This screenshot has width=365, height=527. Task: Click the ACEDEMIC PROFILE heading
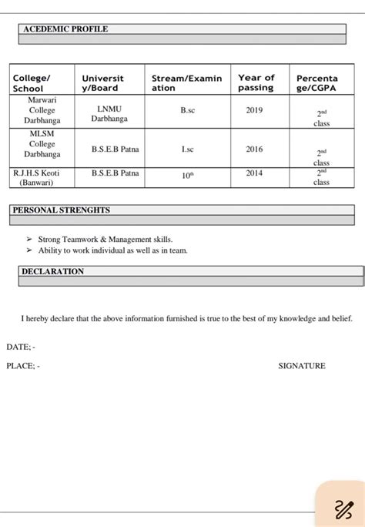click(65, 29)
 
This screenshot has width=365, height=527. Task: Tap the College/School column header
click(32, 83)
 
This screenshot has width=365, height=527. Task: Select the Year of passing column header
click(256, 82)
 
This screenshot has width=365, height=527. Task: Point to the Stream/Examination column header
click(186, 83)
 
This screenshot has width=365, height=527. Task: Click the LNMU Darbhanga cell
click(109, 114)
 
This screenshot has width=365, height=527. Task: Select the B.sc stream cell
click(188, 111)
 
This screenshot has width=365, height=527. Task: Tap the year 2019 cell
click(254, 111)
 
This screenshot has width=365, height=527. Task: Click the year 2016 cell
click(254, 149)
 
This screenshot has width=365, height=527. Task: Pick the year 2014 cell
click(254, 173)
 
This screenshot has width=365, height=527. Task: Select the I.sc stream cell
click(188, 149)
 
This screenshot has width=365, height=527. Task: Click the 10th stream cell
click(188, 175)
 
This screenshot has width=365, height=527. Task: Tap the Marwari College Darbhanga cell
click(42, 110)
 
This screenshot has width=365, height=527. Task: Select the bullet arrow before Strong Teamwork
click(29, 240)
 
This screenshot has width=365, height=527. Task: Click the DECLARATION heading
click(52, 272)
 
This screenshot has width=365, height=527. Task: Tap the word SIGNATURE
click(301, 366)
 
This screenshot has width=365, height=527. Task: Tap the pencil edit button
click(342, 509)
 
